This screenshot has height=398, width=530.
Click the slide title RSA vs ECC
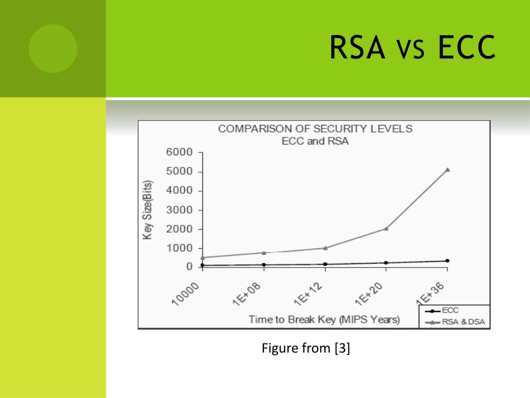tap(413, 47)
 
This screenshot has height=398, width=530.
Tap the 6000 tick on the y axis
tap(179, 152)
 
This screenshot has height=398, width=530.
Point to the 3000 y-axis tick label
tap(179, 210)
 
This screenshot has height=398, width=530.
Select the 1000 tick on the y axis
tap(179, 248)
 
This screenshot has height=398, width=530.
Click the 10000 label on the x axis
tap(186, 294)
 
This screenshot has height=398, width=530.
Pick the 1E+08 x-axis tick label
tap(247, 294)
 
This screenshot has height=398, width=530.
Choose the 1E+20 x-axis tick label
tap(369, 294)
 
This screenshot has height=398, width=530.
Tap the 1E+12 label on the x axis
tap(308, 294)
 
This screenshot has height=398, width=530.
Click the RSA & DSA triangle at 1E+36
tap(448, 169)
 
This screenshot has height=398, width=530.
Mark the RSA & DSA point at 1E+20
tap(386, 229)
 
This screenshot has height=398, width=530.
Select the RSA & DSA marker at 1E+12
tap(325, 248)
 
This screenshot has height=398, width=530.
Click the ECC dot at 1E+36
tap(448, 261)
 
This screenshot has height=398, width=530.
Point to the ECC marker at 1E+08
tap(264, 265)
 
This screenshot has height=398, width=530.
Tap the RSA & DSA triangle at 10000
tap(203, 258)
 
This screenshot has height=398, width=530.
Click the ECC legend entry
tap(442, 310)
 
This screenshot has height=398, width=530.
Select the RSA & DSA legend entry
tap(455, 322)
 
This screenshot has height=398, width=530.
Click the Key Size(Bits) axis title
tap(148, 210)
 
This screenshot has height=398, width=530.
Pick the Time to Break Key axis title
tap(324, 319)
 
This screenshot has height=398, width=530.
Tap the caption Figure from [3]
tap(306, 348)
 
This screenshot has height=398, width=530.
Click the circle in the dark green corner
tap(53, 48)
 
